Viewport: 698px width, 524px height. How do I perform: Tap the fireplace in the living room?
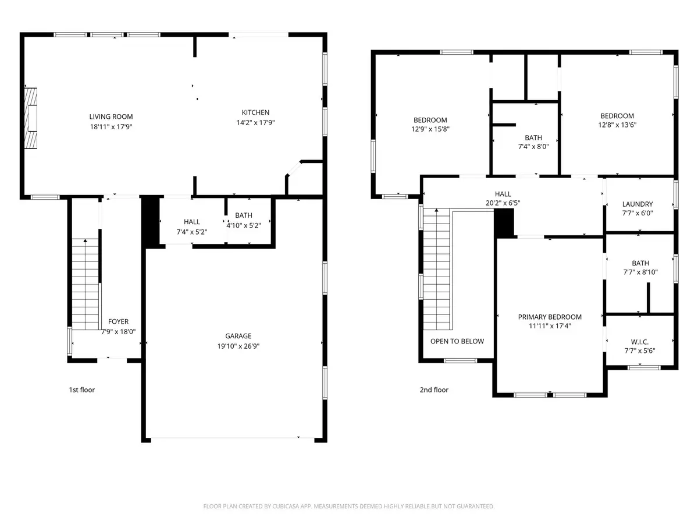pyautogui.click(x=31, y=119)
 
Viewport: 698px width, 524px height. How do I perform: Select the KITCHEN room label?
pyautogui.click(x=255, y=112)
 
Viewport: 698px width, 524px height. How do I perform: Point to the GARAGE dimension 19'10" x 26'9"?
pyautogui.click(x=238, y=345)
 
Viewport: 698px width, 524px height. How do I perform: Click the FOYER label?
pyautogui.click(x=118, y=321)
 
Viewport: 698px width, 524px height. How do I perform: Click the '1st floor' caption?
pyautogui.click(x=81, y=390)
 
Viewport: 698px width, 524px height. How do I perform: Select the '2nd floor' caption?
pyautogui.click(x=434, y=390)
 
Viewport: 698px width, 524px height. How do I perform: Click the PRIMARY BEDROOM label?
pyautogui.click(x=550, y=317)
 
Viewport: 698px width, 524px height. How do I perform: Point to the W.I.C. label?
pyautogui.click(x=640, y=341)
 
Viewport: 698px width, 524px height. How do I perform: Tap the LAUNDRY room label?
pyautogui.click(x=638, y=204)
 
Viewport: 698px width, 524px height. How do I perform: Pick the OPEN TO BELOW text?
pyautogui.click(x=457, y=341)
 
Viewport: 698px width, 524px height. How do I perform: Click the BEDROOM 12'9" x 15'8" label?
pyautogui.click(x=430, y=120)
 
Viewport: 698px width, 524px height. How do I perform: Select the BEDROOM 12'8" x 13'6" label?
pyautogui.click(x=617, y=116)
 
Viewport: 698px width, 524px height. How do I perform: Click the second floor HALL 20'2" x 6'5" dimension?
pyautogui.click(x=503, y=203)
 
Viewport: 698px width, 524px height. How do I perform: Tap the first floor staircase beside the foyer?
pyautogui.click(x=85, y=285)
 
